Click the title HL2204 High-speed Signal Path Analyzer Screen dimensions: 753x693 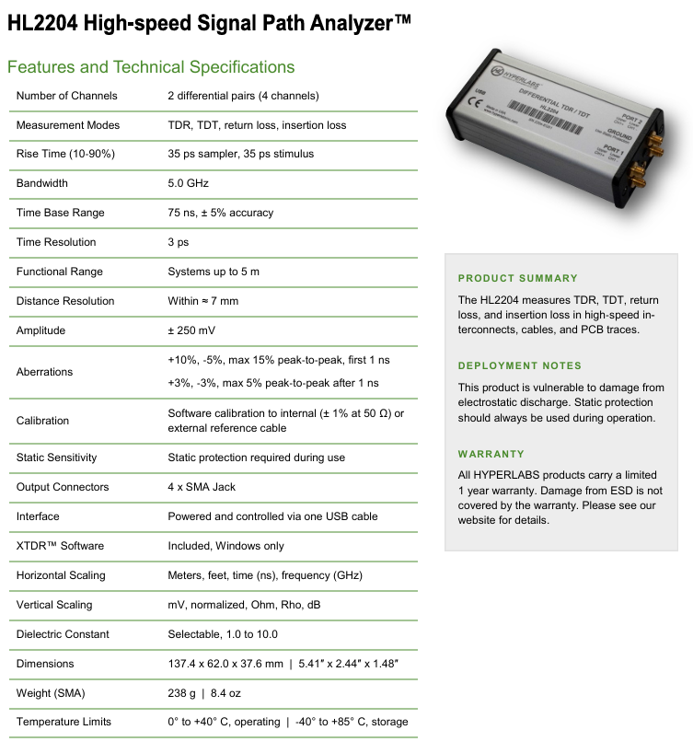209,24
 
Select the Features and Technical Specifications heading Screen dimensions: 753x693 151,67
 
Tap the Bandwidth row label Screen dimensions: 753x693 42,183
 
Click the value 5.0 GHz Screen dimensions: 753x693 189,183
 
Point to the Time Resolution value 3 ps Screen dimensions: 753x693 178,242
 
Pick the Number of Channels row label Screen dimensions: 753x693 67,96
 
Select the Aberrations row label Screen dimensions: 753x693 44,372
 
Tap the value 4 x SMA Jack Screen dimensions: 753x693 203,487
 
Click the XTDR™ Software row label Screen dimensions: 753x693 60,546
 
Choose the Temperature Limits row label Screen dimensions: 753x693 64,722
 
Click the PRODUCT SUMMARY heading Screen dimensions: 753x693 518,278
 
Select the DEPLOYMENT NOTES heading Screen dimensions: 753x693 520,365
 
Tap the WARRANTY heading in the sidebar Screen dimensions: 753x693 491,454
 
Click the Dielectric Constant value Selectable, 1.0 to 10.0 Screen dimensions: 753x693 223,634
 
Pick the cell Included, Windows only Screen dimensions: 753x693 225,546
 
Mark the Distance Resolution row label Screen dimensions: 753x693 65,301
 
